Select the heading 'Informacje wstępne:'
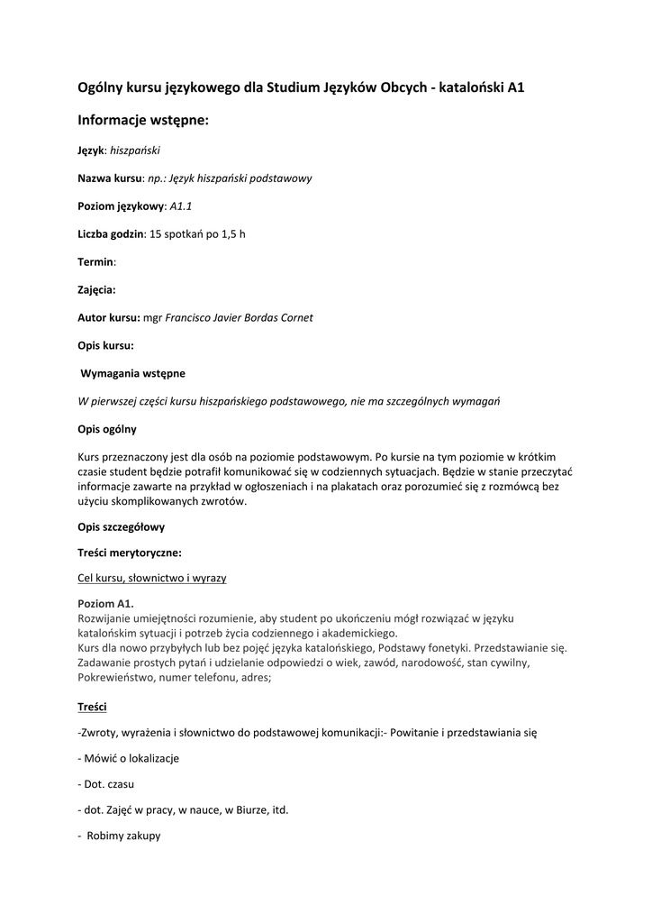[143, 120]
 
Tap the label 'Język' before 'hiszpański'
[91, 151]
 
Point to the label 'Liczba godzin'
[111, 234]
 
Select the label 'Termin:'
[97, 262]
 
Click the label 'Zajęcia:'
[100, 290]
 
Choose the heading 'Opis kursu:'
[106, 345]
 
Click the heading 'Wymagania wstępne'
[133, 373]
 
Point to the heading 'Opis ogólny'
[107, 429]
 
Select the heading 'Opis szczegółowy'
[122, 526]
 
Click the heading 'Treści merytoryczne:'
[130, 553]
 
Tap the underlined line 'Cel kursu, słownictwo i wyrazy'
[152, 578]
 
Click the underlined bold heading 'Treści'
[92, 707]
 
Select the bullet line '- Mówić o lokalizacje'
[129, 758]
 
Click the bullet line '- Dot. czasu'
[107, 784]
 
